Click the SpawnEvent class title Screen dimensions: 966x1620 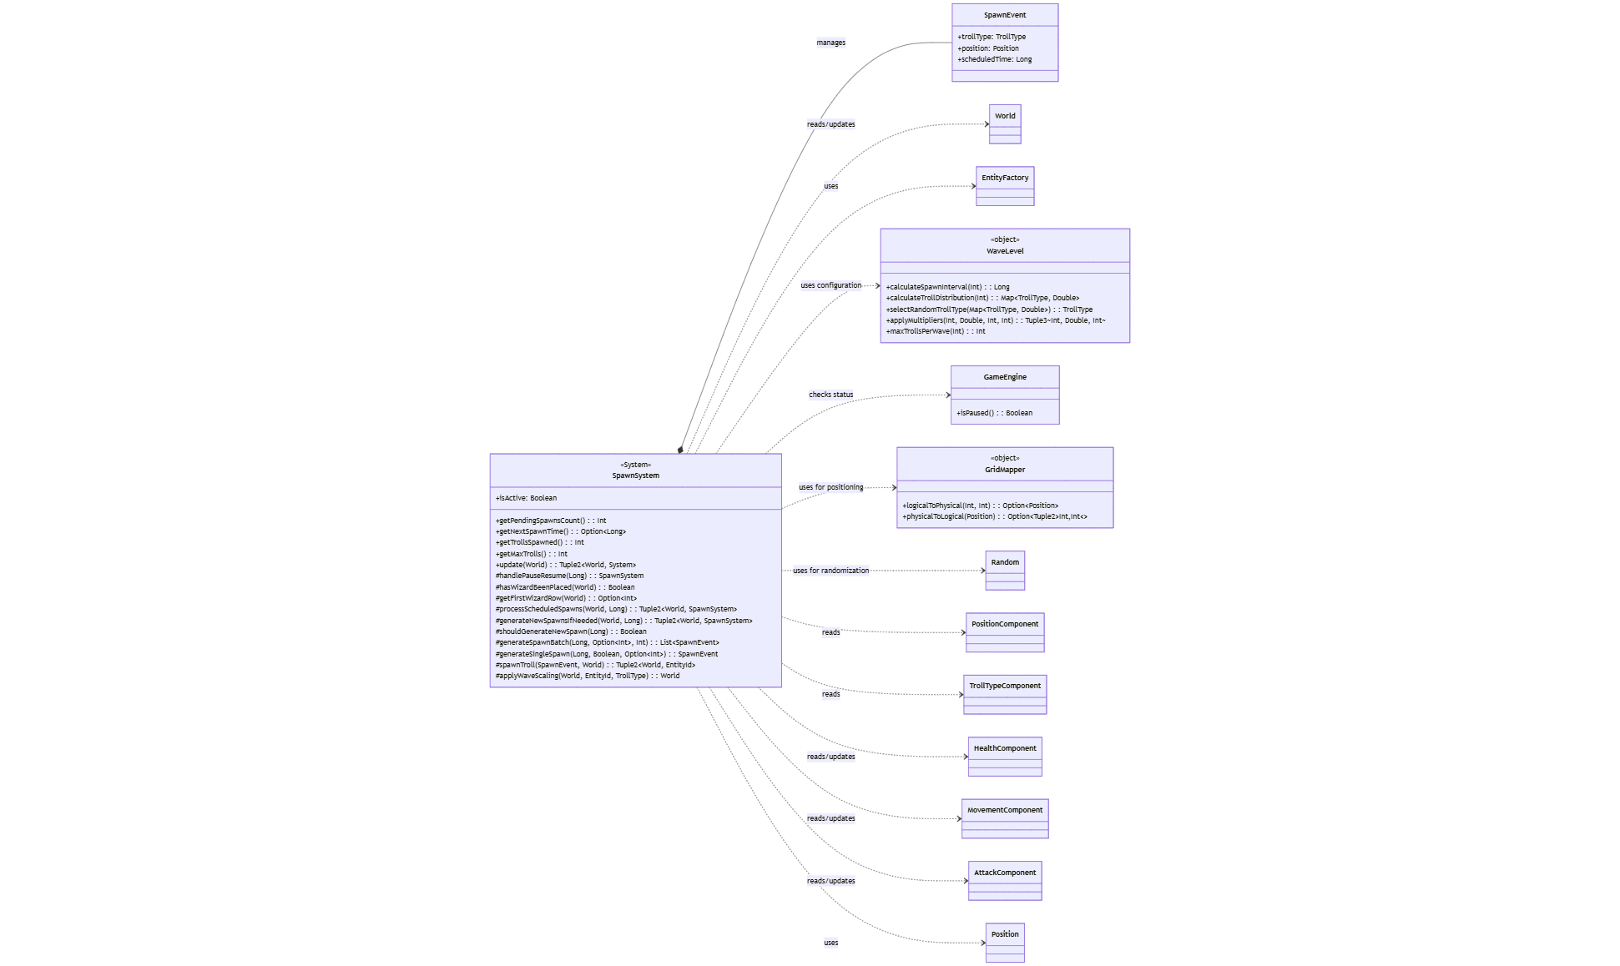(x=1004, y=15)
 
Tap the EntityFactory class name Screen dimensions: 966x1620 (x=1004, y=178)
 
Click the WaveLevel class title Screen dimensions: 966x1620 (x=1004, y=251)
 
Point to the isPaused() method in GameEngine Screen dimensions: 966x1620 (x=994, y=413)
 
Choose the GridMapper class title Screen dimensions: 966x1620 (x=1004, y=470)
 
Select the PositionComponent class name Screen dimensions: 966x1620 (x=1005, y=624)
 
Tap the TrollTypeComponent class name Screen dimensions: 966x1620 (x=1005, y=686)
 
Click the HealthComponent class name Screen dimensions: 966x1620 (x=1005, y=748)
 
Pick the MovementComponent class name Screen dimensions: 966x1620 (x=1005, y=810)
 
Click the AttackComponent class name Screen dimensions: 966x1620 (x=1005, y=873)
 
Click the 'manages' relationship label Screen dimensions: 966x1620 (x=830, y=43)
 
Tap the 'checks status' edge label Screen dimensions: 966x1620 (x=830, y=395)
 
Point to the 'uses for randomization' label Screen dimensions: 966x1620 (x=830, y=571)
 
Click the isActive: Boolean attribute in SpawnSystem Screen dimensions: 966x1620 (x=526, y=498)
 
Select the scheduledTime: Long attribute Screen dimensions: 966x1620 (x=995, y=59)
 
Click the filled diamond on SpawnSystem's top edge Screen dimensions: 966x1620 (x=681, y=450)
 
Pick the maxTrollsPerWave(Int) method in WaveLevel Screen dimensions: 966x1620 (x=935, y=331)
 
